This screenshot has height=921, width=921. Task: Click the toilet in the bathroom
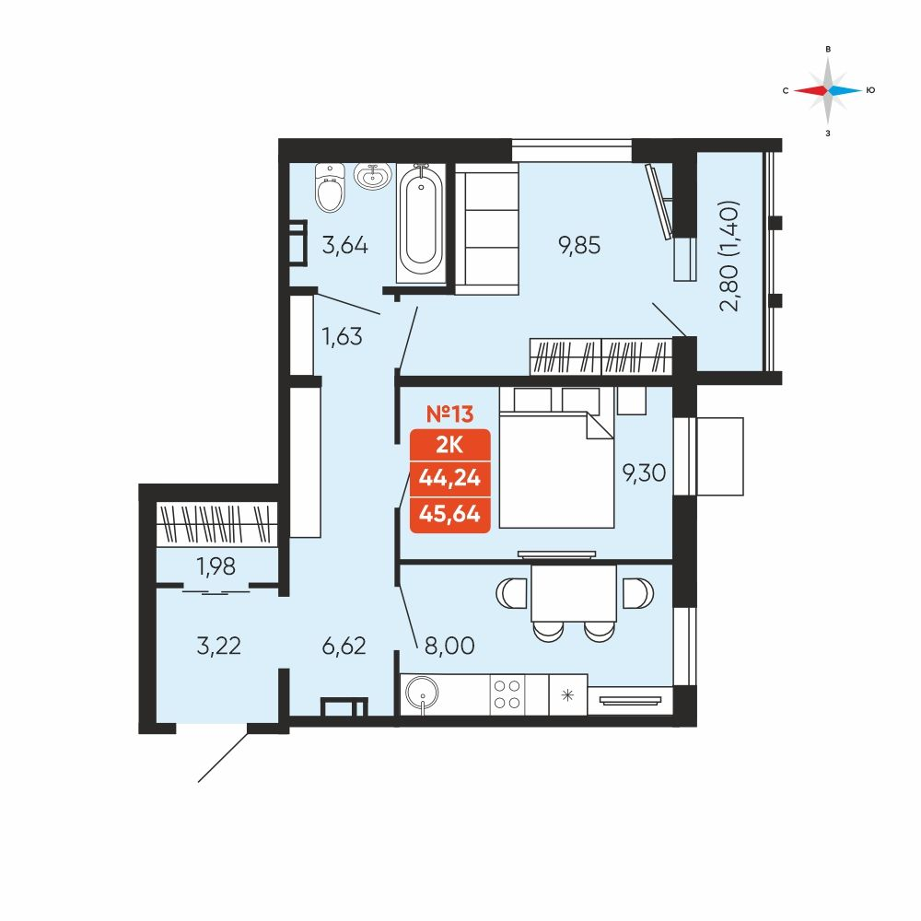click(x=330, y=187)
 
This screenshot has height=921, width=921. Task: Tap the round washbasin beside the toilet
click(x=372, y=176)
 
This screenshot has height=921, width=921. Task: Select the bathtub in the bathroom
click(x=421, y=222)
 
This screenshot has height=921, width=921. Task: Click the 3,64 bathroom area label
click(x=344, y=245)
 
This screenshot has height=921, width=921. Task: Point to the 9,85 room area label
click(x=579, y=246)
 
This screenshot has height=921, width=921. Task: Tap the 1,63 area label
click(x=342, y=336)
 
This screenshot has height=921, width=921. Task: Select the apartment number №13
click(x=449, y=414)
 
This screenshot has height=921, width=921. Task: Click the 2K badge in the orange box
click(x=449, y=445)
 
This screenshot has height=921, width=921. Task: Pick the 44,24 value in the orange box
click(x=449, y=478)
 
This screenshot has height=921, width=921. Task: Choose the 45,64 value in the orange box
click(x=449, y=514)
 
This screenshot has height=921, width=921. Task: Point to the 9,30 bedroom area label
click(x=644, y=472)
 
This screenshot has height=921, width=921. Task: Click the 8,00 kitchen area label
click(x=449, y=646)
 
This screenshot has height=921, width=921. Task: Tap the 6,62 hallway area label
click(x=344, y=647)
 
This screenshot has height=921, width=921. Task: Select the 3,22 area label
click(x=218, y=647)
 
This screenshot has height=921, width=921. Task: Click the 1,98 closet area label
click(x=216, y=566)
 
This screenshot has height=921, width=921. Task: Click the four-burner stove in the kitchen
click(x=507, y=694)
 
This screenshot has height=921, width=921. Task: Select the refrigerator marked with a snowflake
click(x=567, y=694)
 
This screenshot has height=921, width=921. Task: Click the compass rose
click(x=828, y=90)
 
